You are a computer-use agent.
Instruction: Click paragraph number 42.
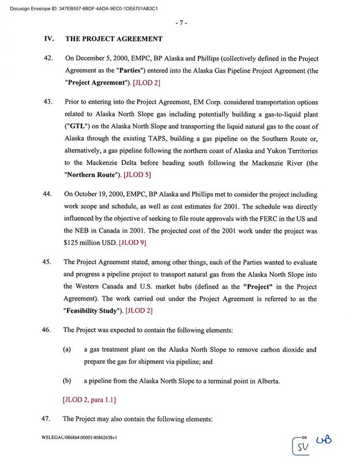[48, 59]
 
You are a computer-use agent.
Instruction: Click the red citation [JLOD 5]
[134, 174]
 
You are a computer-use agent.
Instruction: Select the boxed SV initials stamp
[302, 446]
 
